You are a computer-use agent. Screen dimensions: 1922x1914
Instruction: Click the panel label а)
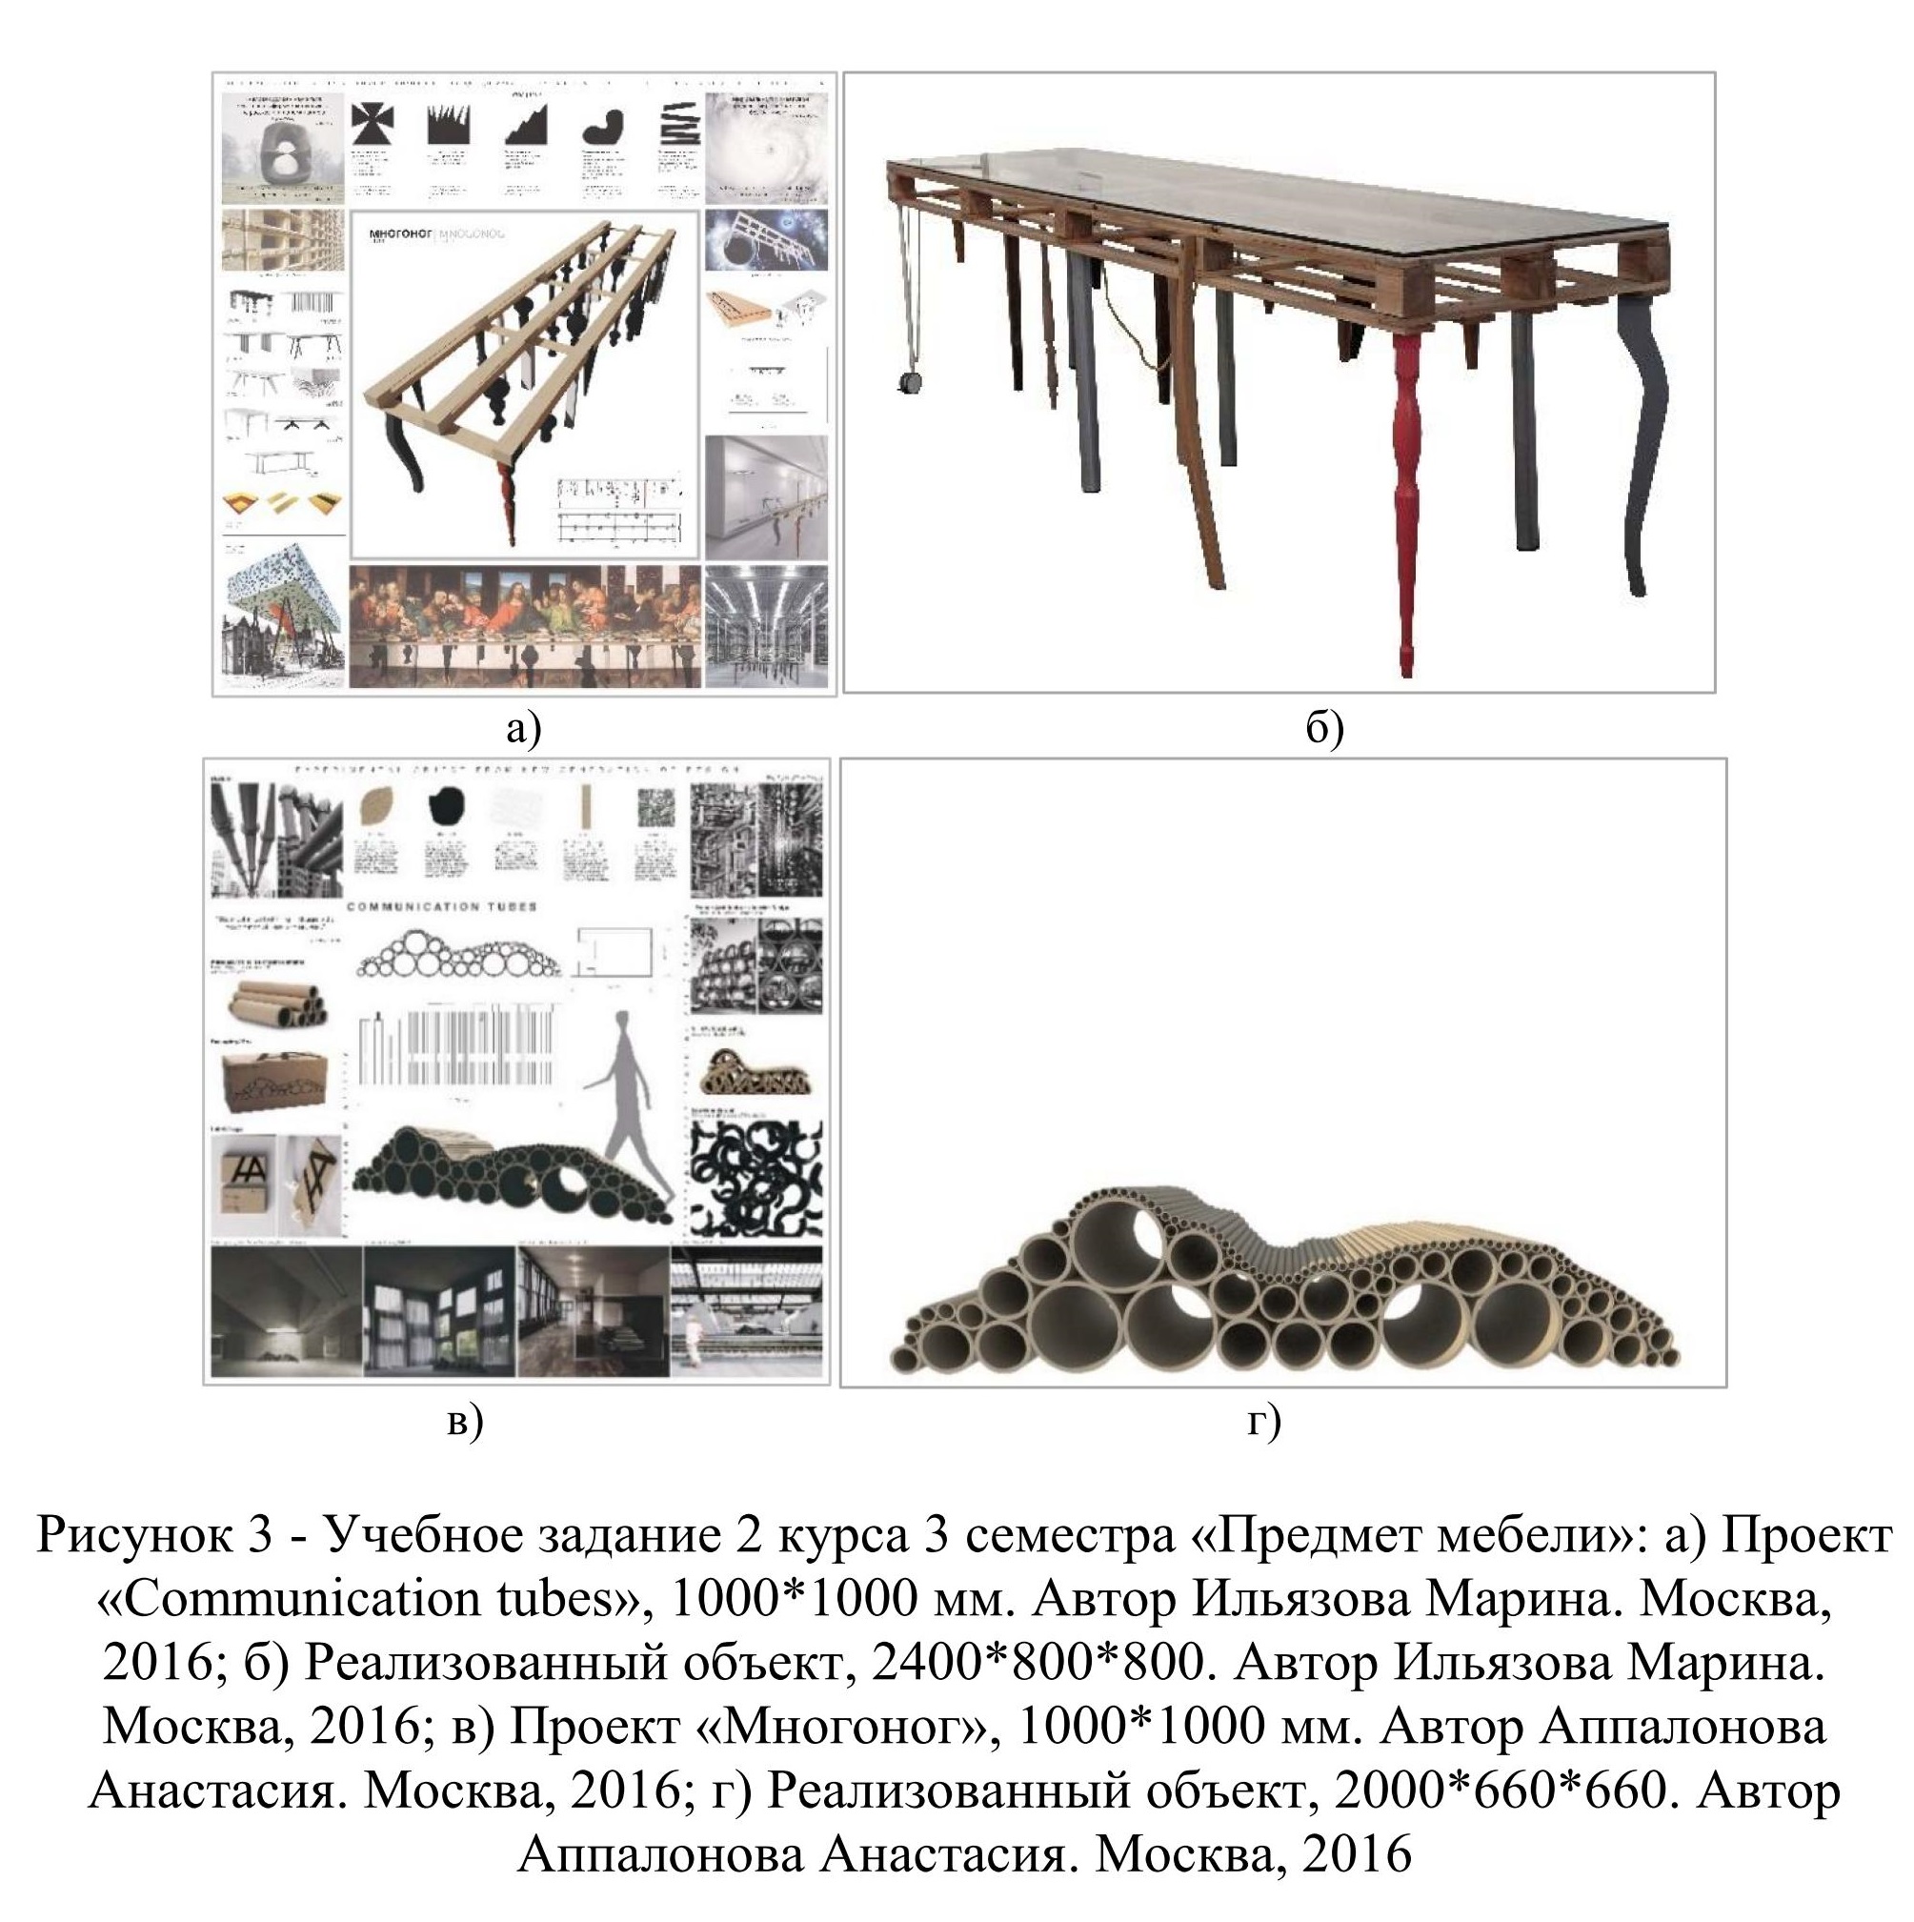point(523,729)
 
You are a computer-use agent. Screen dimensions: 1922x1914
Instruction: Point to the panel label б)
point(1324,729)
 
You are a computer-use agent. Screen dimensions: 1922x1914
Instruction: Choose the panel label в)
point(465,1422)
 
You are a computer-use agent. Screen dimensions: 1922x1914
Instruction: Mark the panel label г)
point(1263,1422)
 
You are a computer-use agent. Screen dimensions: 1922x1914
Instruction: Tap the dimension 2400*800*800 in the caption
point(1036,1663)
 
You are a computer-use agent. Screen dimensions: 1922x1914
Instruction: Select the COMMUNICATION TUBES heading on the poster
point(442,907)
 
